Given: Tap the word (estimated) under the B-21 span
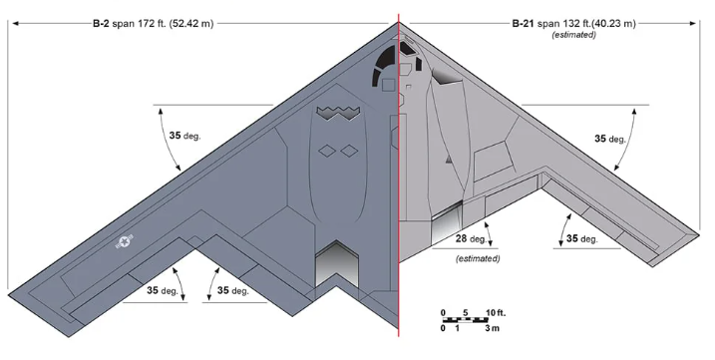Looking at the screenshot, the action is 573,35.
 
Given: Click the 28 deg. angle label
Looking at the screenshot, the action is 471,238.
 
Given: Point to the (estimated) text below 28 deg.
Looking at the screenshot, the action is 478,258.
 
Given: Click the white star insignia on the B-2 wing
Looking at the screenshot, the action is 125,242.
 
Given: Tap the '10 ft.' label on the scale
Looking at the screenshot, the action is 496,312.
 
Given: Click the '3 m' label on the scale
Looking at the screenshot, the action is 492,328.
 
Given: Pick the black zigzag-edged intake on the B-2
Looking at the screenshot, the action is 338,113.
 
